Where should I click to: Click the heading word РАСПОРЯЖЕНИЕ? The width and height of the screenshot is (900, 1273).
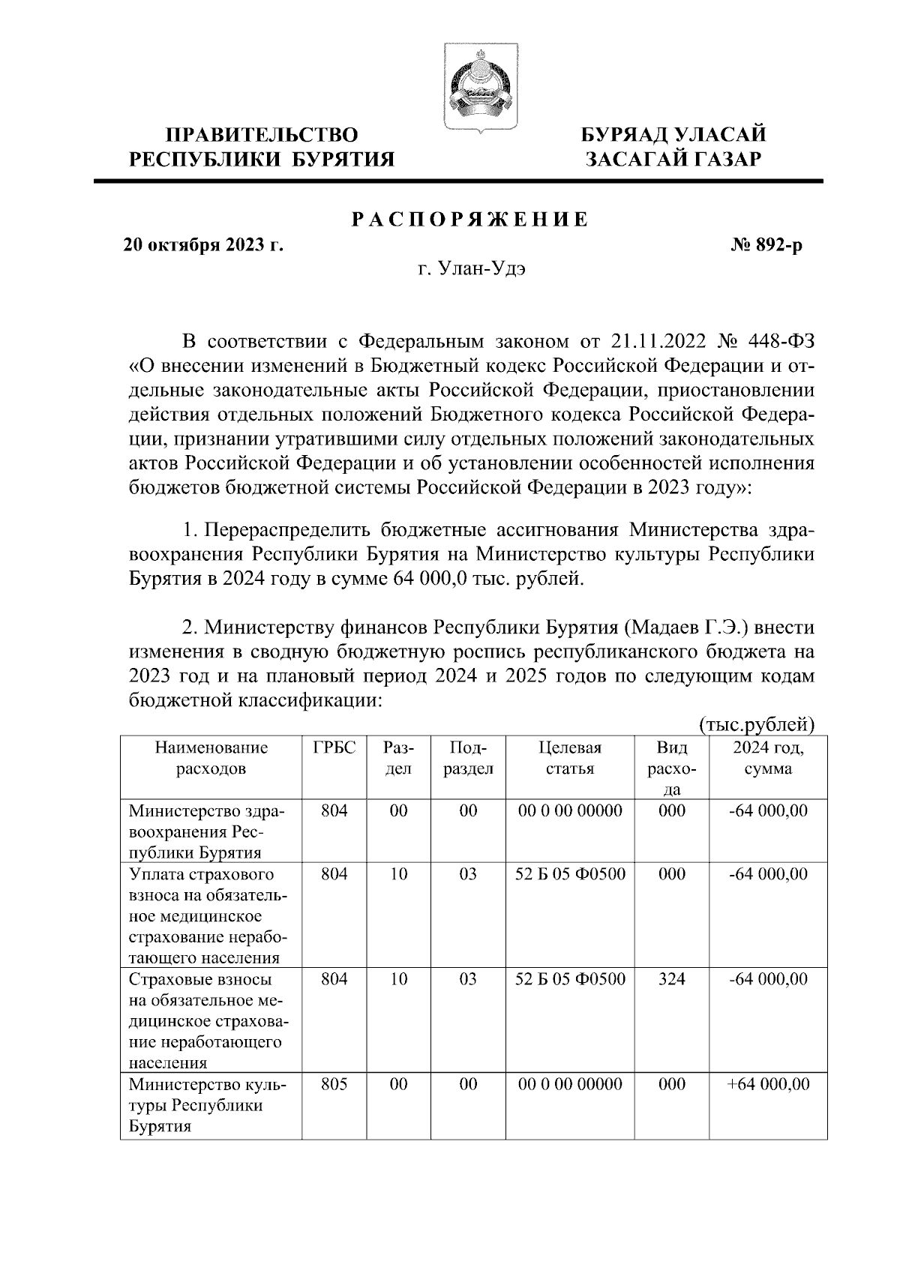point(469,220)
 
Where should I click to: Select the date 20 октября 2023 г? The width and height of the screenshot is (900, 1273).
point(203,244)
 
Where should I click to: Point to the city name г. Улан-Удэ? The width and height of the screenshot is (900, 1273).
point(472,269)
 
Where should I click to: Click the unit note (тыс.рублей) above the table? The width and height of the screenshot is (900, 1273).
point(756,724)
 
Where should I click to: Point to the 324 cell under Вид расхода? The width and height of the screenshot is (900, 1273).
point(670,979)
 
